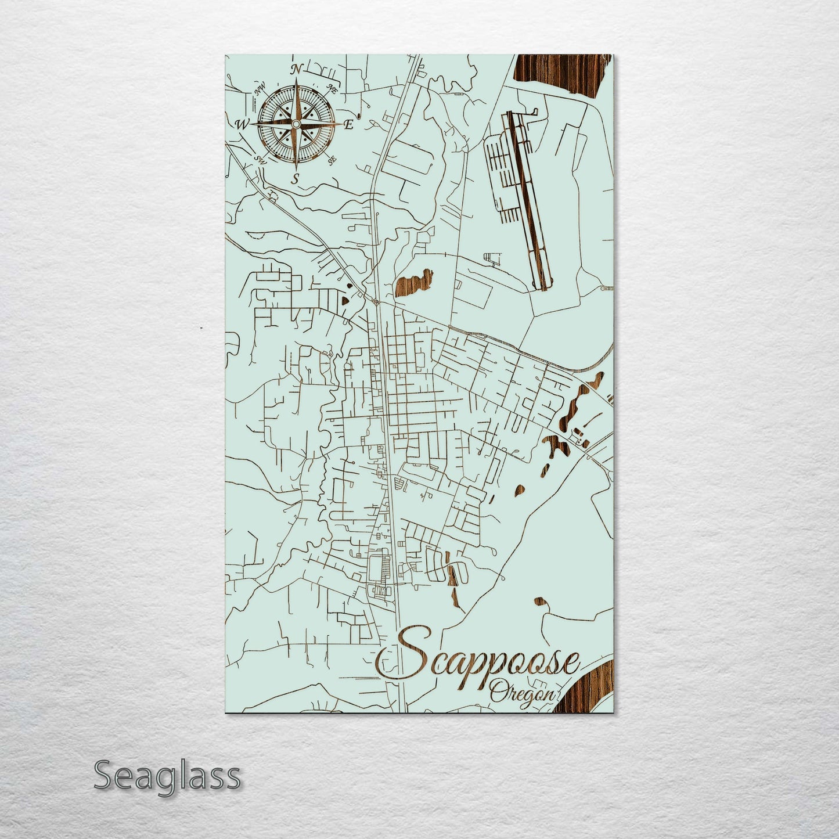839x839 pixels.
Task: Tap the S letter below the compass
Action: (x=296, y=178)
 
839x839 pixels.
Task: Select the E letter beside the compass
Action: (x=349, y=124)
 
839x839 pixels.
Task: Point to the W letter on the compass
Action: (x=241, y=124)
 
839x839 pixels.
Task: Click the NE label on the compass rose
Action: (x=333, y=89)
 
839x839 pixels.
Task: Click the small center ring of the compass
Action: (x=296, y=124)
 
